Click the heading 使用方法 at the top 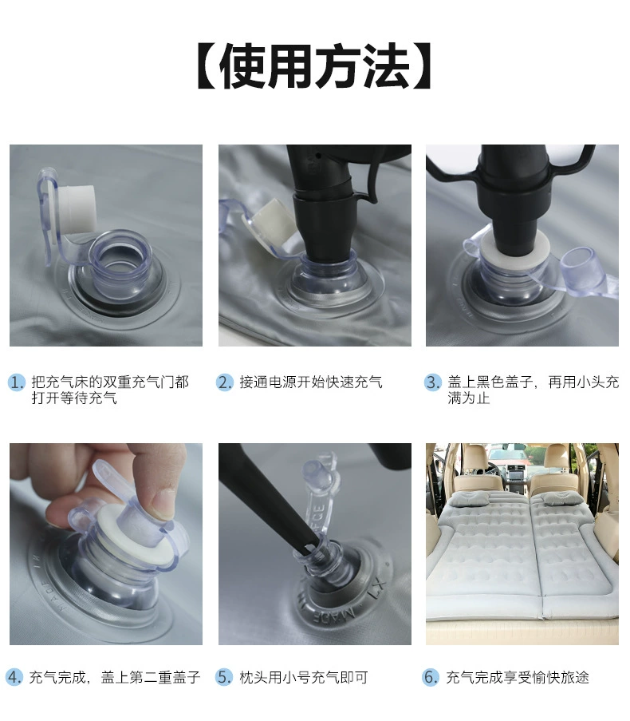click(x=314, y=67)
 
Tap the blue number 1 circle click(x=17, y=382)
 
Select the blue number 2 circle click(x=226, y=382)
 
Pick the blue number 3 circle click(x=432, y=382)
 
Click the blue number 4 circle click(x=15, y=677)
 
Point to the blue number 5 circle click(x=226, y=677)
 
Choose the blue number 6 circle click(x=431, y=677)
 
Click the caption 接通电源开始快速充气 click(x=311, y=382)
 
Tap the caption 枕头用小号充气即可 click(x=304, y=677)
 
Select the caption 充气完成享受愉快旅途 click(x=518, y=677)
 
